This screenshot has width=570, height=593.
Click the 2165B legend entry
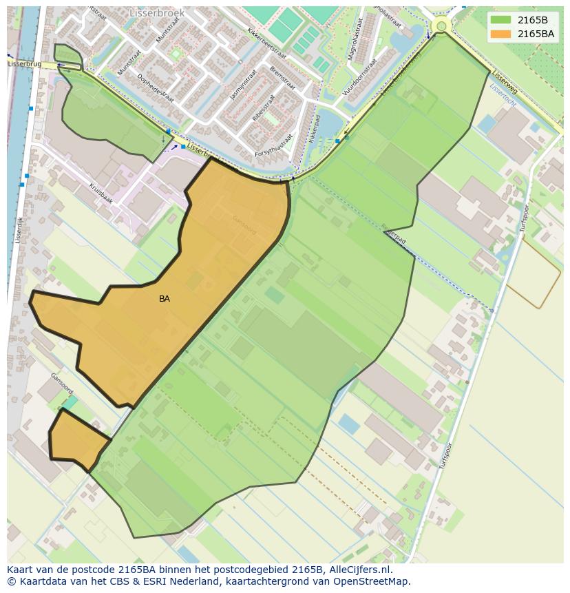[522, 20]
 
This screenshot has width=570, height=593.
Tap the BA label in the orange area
[165, 299]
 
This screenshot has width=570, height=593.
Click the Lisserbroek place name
[156, 12]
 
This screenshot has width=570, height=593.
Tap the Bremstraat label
[282, 79]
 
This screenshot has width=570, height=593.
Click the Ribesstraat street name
[264, 107]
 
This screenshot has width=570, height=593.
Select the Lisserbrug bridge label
[24, 63]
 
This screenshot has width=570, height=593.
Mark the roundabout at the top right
[441, 26]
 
